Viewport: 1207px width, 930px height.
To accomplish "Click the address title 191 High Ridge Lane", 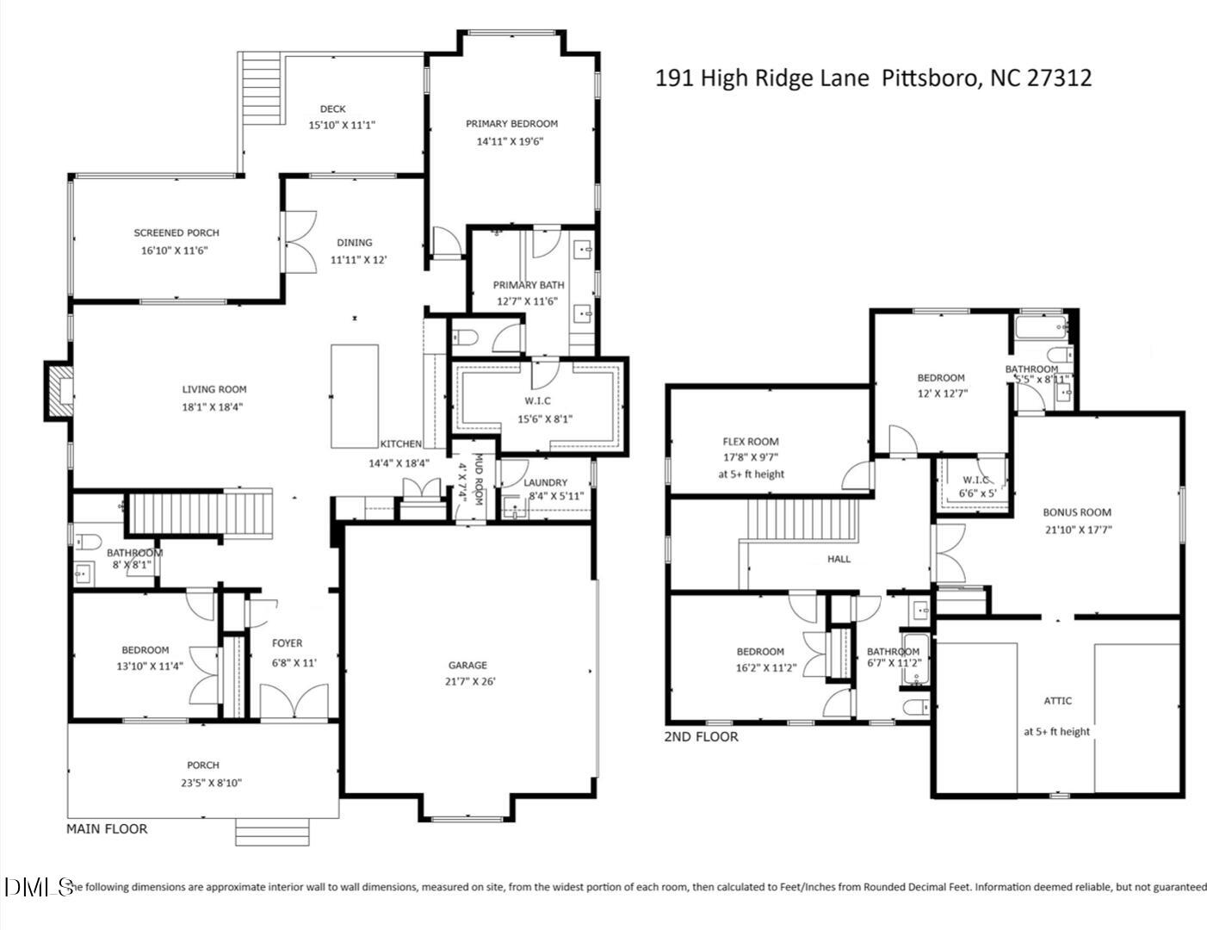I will (x=873, y=78).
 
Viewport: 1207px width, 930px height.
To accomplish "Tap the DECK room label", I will (x=333, y=108).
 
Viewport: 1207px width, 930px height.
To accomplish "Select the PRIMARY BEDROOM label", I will (x=511, y=124).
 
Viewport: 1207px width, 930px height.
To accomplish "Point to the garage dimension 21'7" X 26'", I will (x=467, y=681).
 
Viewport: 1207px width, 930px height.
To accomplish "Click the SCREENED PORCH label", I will (x=176, y=232).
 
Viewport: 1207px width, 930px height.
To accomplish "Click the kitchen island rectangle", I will (x=355, y=395).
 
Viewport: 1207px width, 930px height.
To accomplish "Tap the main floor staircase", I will (x=200, y=513).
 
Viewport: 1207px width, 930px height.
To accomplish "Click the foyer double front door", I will (x=294, y=702).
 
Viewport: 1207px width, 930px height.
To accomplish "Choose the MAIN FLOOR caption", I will (x=107, y=828).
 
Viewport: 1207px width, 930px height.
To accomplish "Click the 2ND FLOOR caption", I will (x=701, y=737).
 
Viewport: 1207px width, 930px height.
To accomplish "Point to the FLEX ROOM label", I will (x=751, y=442).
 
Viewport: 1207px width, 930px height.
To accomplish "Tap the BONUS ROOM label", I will (x=1077, y=512).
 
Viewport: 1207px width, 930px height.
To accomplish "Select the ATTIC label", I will (x=1057, y=701).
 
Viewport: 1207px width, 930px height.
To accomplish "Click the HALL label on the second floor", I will (x=839, y=559).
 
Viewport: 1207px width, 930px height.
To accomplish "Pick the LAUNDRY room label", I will (x=545, y=483).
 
